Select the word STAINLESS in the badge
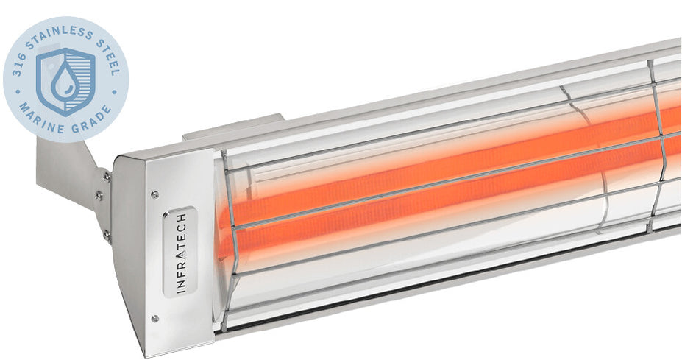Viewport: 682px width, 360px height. point(55,31)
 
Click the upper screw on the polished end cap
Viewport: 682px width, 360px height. point(154,195)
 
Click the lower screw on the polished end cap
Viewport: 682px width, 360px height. point(154,318)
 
